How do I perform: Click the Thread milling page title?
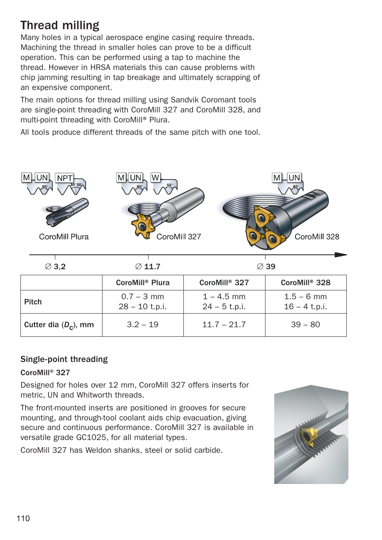click(60, 25)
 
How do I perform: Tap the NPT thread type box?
click(64, 178)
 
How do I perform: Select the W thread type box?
click(155, 177)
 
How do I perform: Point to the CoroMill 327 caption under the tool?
click(179, 237)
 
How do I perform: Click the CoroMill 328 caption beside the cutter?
click(317, 237)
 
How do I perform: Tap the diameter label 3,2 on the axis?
click(55, 266)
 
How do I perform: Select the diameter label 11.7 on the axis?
click(148, 266)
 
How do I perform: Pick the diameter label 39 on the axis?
click(266, 266)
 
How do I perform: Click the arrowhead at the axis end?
click(341, 254)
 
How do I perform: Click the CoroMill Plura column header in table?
click(143, 283)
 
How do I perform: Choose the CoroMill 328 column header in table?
click(306, 283)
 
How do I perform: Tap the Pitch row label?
click(33, 302)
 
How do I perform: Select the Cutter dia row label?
click(59, 325)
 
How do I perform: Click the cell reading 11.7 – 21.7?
click(224, 325)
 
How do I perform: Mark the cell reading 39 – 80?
click(306, 325)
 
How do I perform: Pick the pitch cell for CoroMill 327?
click(224, 302)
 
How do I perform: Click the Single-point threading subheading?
click(64, 359)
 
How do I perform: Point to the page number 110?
click(23, 518)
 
